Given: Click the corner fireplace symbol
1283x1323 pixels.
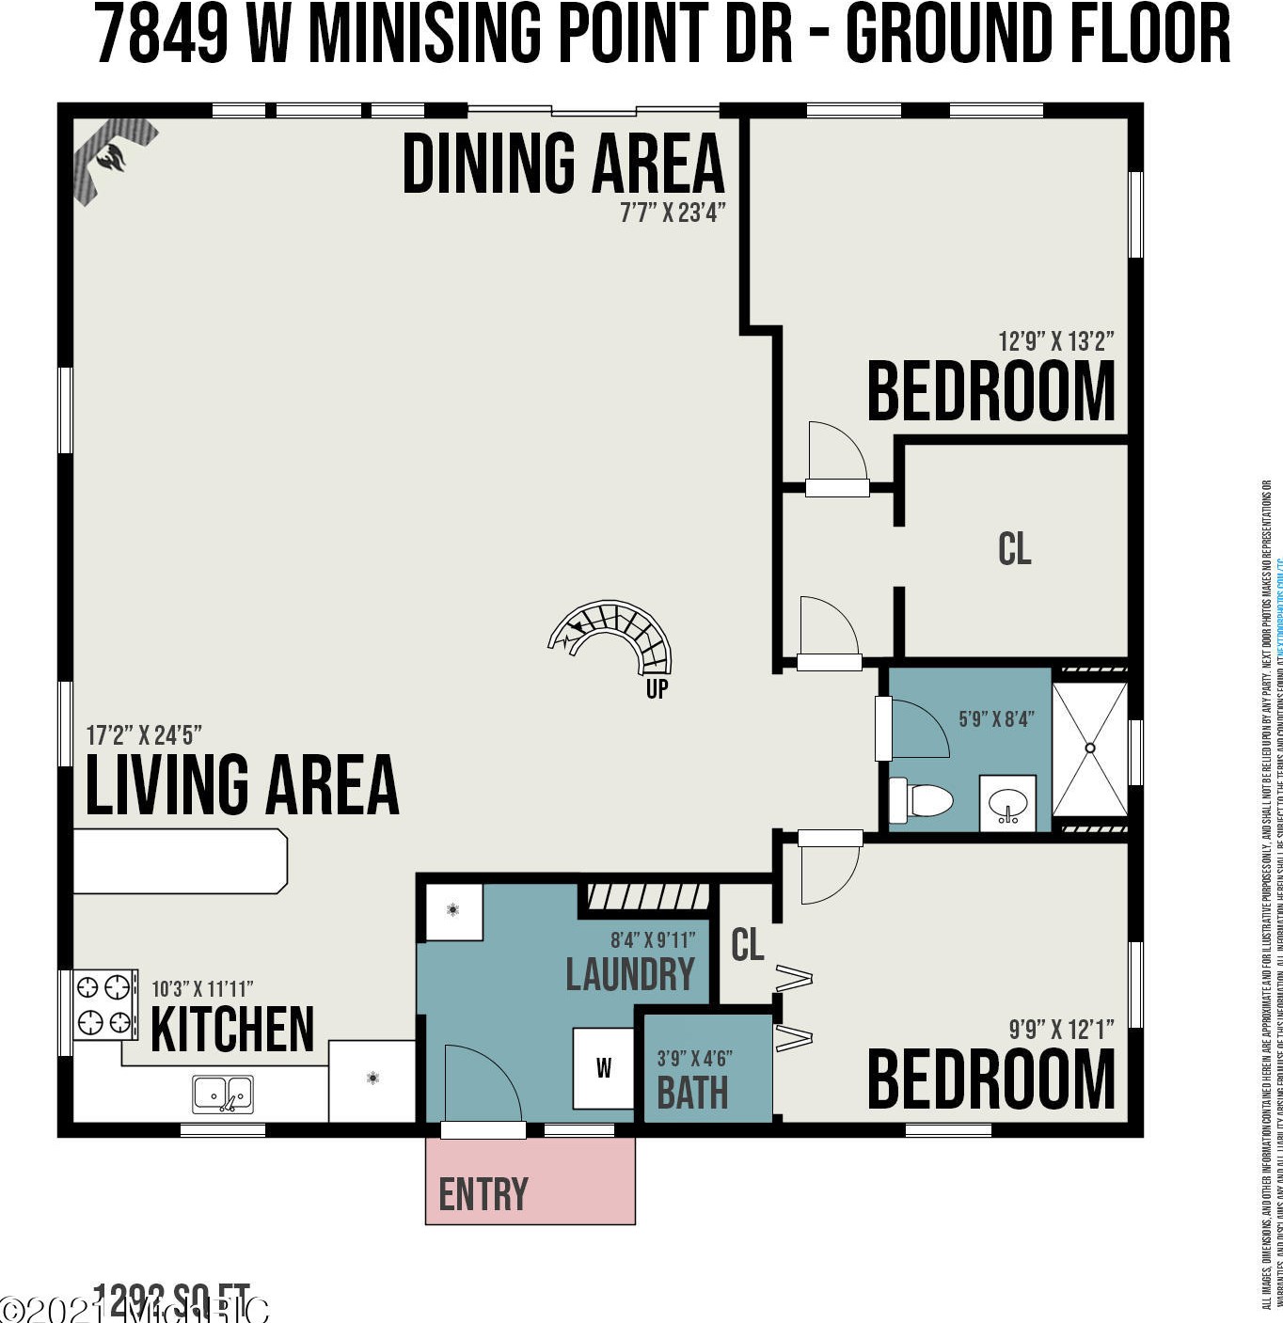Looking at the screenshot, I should pos(112,160).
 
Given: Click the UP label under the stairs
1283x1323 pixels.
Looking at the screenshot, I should pos(657,688).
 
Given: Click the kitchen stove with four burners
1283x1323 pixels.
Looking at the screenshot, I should pos(104,1004).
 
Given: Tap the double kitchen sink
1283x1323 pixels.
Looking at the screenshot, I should pos(223,1095).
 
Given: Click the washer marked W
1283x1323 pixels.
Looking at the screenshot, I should pos(603,1067).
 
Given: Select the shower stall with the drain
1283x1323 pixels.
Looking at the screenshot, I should pos(1089,748).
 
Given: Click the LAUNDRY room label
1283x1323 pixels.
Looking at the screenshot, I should pos(629,974).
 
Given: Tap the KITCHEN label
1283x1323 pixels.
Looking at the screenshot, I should pos(232,1030).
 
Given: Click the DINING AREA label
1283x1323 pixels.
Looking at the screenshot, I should pos(563,165).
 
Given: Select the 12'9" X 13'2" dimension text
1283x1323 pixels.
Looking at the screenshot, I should pos(1055,340).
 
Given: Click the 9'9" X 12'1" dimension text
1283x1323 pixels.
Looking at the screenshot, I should pos(1061,1029).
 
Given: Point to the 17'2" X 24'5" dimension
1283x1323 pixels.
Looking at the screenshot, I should pos(144,734).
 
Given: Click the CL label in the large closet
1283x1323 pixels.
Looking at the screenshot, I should pos(1014,549).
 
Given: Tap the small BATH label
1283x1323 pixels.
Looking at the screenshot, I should pos(692,1093).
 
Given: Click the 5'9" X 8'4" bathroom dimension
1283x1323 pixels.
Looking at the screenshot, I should pos(996,718).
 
